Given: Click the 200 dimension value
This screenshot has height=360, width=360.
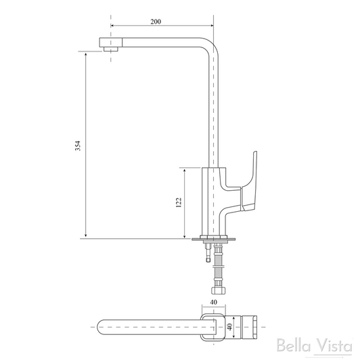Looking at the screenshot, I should [x=155, y=22].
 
